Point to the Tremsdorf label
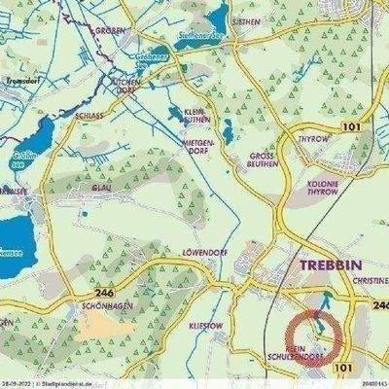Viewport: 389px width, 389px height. coord(20,81)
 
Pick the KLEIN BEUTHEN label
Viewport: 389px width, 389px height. coord(198,116)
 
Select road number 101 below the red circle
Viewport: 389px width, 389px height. coord(341,368)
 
